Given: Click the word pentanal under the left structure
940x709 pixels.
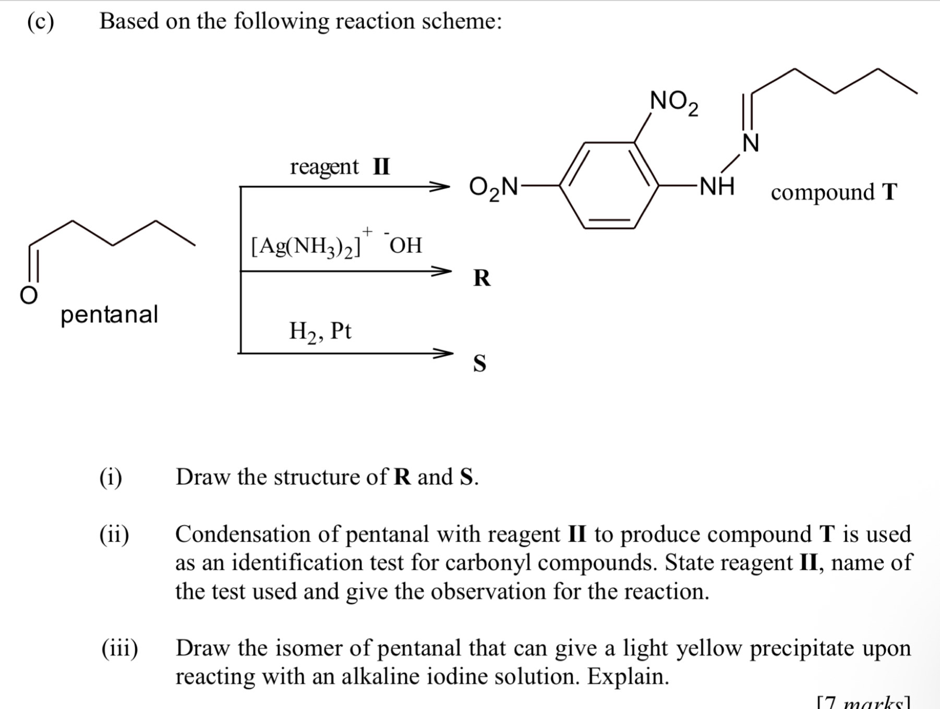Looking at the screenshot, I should [109, 315].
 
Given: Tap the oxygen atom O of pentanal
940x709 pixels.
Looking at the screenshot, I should [29, 295].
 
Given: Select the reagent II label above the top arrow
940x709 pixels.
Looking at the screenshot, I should [340, 167].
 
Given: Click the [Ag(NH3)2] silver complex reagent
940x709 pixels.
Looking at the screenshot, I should [306, 246].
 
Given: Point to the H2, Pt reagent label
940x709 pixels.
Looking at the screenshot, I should [320, 331].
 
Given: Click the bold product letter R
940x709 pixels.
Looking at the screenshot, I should [481, 278].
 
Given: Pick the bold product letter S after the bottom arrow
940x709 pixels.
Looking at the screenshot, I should [479, 363].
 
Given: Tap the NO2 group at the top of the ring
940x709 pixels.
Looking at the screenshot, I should [673, 102].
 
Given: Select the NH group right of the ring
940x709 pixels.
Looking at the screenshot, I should [717, 186].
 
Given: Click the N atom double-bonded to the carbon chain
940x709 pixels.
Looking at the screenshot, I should [751, 143].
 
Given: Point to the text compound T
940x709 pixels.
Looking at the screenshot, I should [834, 192].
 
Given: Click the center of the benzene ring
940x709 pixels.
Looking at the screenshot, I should [609, 185].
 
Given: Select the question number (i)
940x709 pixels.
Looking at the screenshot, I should [111, 477].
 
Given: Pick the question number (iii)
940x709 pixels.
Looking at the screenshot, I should [120, 649].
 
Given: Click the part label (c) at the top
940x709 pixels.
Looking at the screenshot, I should [40, 22].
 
